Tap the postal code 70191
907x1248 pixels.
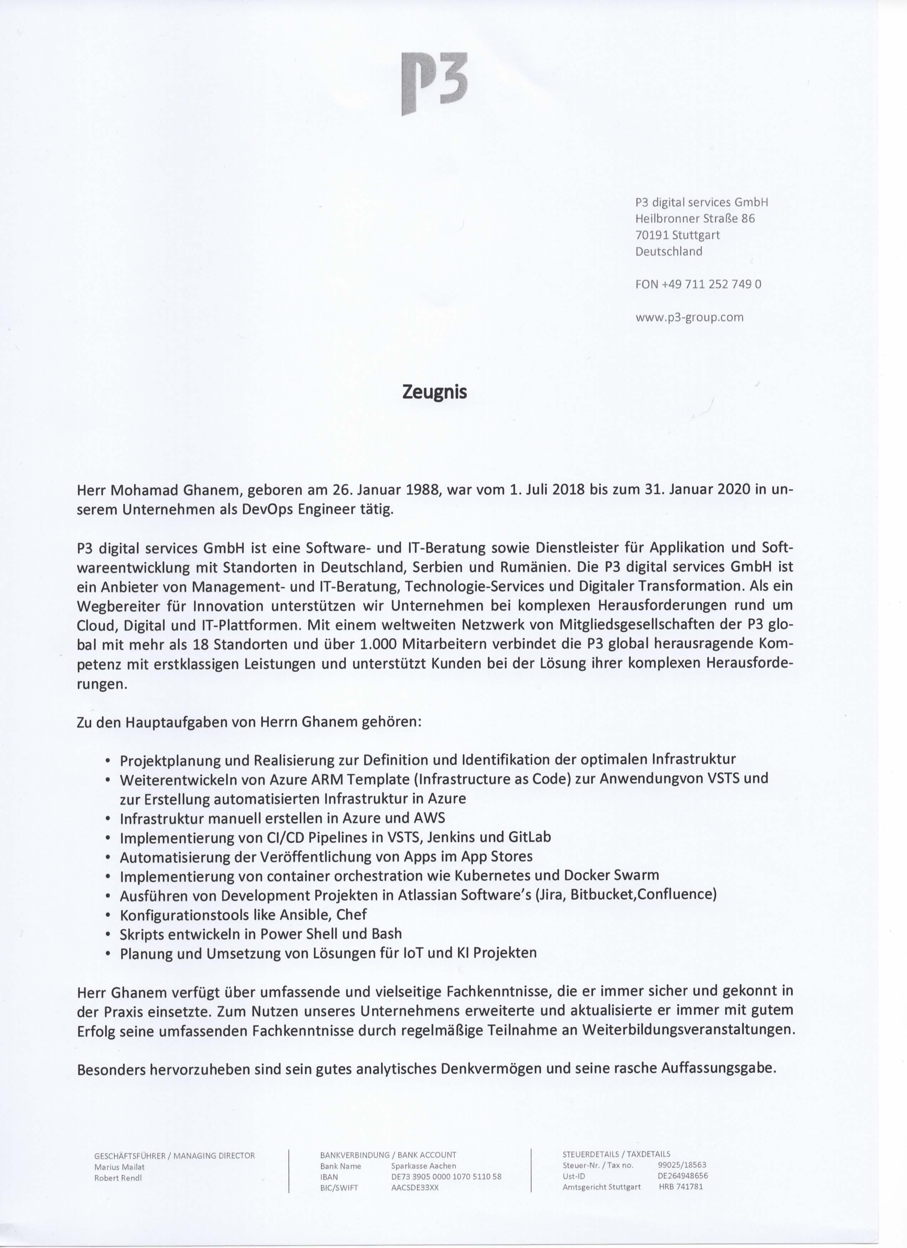point(650,235)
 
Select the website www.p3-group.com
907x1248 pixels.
point(690,317)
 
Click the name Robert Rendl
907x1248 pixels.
point(118,1177)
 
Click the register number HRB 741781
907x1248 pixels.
point(681,1186)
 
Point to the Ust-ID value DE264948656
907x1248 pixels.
point(683,1176)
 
